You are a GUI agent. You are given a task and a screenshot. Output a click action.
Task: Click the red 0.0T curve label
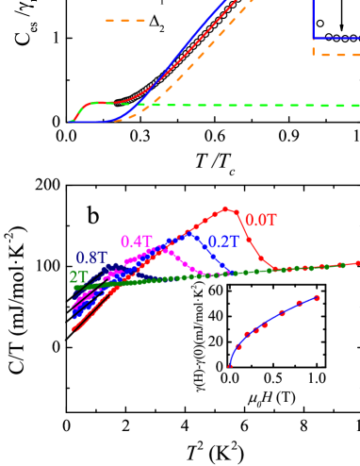[261, 220]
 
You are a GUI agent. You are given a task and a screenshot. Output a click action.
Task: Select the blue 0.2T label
[223, 241]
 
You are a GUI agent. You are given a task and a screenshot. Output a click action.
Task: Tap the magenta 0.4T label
[137, 241]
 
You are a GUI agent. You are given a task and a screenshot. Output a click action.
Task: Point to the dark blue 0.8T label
[91, 258]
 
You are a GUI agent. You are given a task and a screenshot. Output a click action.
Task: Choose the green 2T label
[79, 277]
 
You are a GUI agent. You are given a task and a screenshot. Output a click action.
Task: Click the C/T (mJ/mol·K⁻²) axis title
[17, 299]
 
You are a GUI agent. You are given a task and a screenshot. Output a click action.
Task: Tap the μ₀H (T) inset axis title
[271, 395]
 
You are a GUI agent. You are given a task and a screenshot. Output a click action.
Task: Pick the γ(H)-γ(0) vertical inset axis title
[198, 335]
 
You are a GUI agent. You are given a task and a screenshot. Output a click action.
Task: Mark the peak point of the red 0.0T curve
[225, 208]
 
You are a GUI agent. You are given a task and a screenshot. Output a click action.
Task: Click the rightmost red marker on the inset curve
[317, 297]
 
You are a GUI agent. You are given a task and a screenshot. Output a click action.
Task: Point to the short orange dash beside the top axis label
[124, 20]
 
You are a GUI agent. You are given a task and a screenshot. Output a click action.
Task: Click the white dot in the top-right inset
[320, 23]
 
